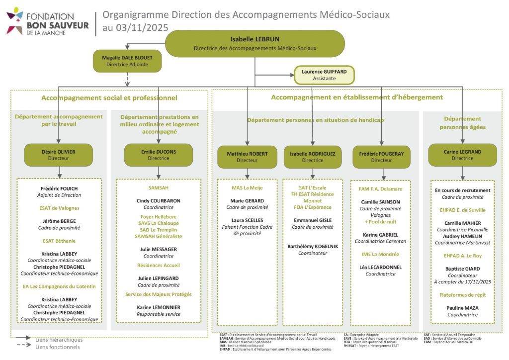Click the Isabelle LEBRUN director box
(254, 44)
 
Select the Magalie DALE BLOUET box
(127, 61)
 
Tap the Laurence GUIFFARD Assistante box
(324, 75)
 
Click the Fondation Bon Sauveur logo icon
(14, 20)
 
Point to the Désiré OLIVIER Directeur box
(59, 155)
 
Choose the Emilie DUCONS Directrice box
(159, 155)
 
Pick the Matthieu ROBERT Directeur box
(247, 157)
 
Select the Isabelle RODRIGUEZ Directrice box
(312, 157)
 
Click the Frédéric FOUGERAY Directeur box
(381, 157)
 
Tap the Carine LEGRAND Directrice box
(462, 155)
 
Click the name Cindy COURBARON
(159, 201)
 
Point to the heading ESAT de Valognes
(59, 208)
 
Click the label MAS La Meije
(247, 187)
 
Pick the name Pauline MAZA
(462, 308)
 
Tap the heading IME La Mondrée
(381, 254)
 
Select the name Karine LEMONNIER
(159, 307)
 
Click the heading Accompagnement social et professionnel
(109, 97)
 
